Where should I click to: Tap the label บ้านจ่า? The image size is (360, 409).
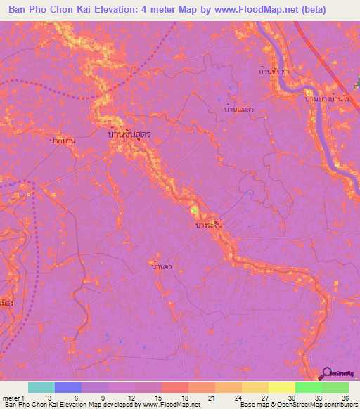tap(162, 266)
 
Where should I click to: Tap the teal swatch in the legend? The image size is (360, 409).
tap(41, 387)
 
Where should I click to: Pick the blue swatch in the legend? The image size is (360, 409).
tap(67, 387)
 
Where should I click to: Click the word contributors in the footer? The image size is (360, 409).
tap(340, 405)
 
